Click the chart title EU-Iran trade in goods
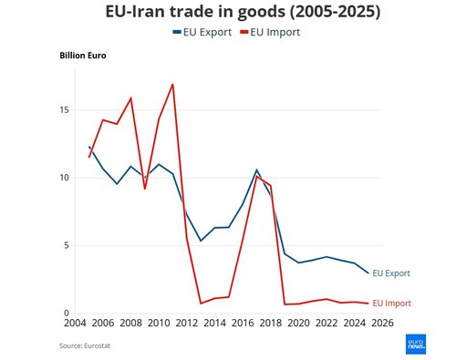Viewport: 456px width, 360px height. coord(228,13)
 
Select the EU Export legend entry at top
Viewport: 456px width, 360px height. coord(201,32)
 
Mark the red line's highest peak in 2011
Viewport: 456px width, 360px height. coord(172,85)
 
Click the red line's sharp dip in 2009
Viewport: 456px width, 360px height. coord(145,189)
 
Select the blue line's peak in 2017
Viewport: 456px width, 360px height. coord(257,170)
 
